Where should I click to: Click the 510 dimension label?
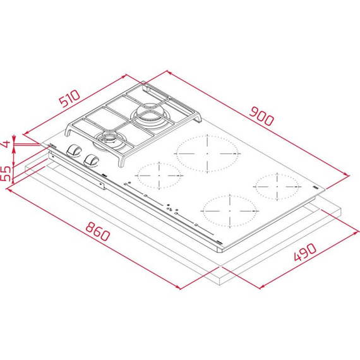70,99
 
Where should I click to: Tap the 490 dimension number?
305,252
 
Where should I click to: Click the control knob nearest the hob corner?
73,150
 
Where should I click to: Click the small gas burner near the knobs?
109,140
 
